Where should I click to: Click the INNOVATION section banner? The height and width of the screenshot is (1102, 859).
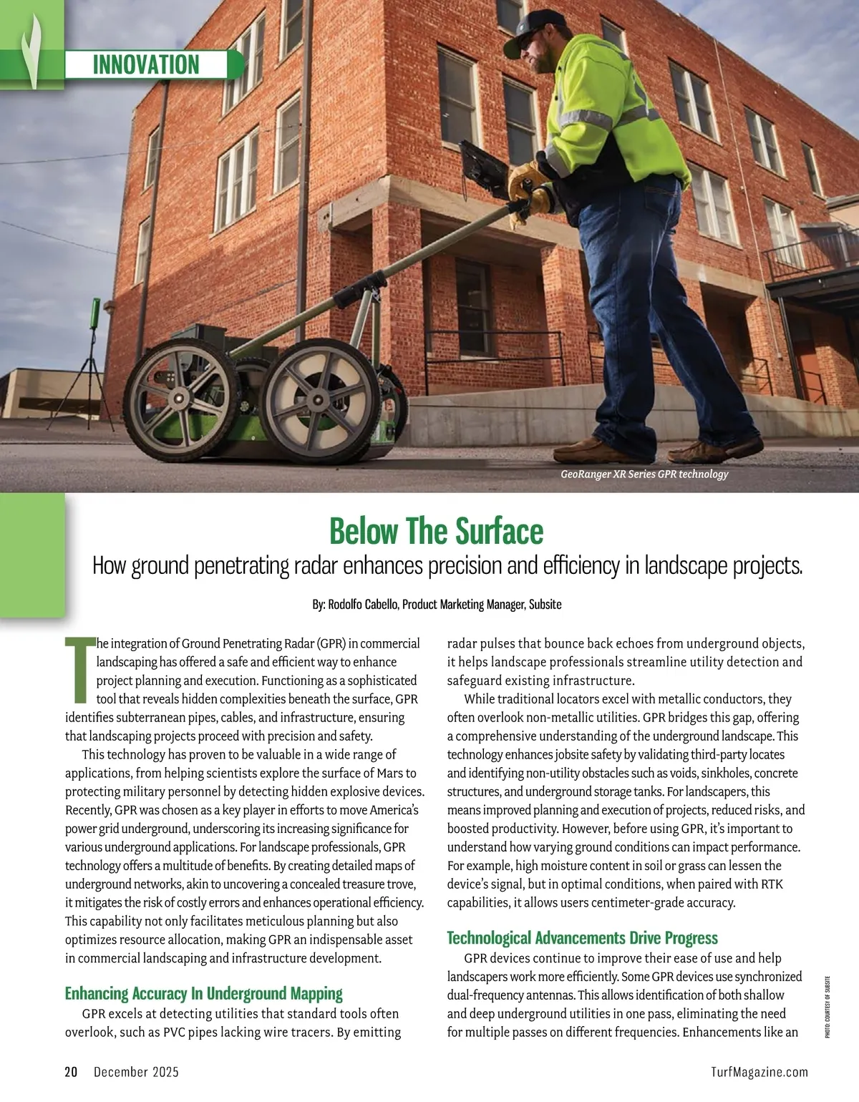coord(146,64)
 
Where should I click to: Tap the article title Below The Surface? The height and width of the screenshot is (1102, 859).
coord(436,532)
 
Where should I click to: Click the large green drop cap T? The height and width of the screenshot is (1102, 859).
coord(79,670)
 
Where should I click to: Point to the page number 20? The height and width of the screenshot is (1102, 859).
coord(71,1071)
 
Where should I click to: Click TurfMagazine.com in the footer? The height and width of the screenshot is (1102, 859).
coord(759,1071)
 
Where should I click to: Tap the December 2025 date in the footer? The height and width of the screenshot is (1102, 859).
coord(136,1071)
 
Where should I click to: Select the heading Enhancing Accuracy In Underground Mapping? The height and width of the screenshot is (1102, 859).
coord(203,993)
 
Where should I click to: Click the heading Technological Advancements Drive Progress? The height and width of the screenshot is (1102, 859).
coord(582,937)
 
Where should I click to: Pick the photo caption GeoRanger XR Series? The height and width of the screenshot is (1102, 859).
coord(644,474)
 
